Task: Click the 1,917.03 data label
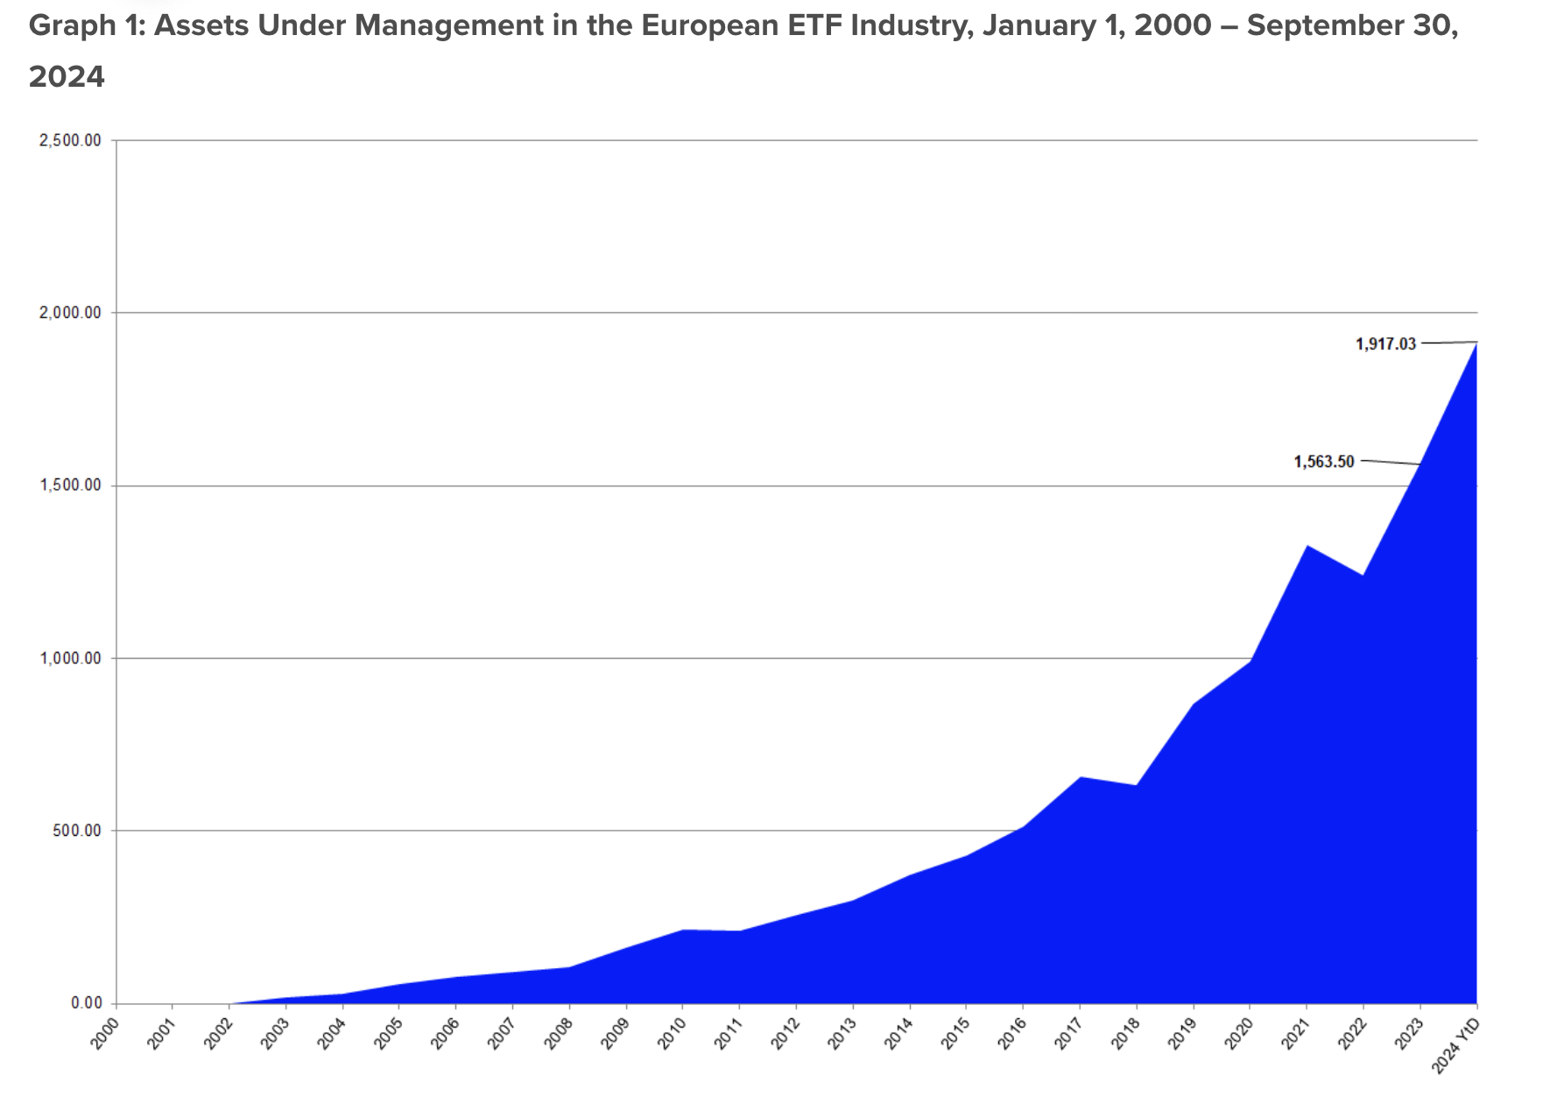tap(1385, 344)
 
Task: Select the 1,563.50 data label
tap(1324, 462)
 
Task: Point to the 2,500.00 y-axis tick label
tap(71, 140)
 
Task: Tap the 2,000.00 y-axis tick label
tap(71, 313)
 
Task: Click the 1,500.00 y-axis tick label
tap(71, 485)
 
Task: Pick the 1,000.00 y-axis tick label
tap(71, 658)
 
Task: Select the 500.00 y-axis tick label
tap(75, 831)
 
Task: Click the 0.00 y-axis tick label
tap(87, 1003)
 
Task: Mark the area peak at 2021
tap(1307, 547)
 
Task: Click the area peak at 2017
tap(1080, 778)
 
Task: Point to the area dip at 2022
tap(1363, 576)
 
